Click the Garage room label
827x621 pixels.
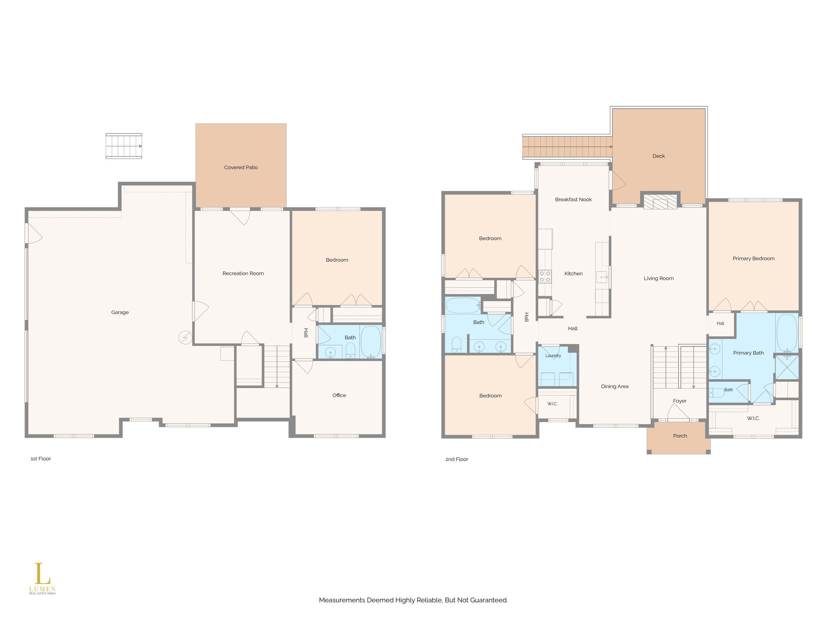tap(120, 312)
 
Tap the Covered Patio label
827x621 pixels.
tap(241, 167)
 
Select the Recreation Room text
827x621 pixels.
tap(243, 273)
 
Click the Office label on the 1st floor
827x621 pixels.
tap(339, 395)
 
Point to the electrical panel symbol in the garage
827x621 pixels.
tap(185, 338)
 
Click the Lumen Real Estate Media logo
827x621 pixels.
tap(42, 579)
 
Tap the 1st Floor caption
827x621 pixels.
tap(41, 458)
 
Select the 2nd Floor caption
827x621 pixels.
tap(457, 459)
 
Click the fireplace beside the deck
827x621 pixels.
tap(660, 202)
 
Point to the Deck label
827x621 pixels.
tap(659, 156)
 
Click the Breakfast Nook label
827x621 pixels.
tap(573, 199)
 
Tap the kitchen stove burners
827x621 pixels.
tap(545, 277)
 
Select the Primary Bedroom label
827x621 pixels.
tap(754, 258)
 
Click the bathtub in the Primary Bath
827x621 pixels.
tap(787, 332)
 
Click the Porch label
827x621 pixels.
tap(680, 436)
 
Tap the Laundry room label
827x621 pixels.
tap(553, 356)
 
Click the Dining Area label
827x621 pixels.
tap(615, 387)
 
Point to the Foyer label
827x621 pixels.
tap(680, 401)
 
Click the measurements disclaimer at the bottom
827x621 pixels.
tap(413, 600)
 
